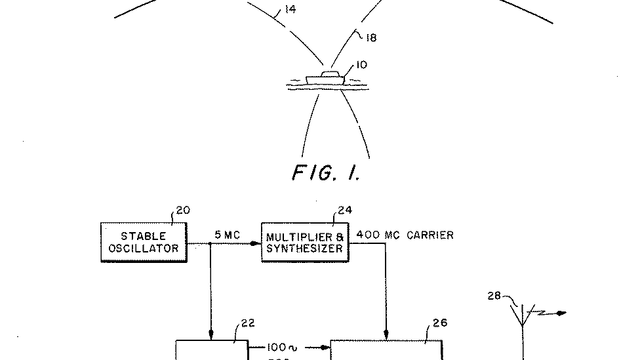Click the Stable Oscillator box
pos(143,242)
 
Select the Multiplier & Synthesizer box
pos(304,242)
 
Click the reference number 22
pos(247,323)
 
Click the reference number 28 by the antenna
pos(494,296)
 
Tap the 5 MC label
pos(228,235)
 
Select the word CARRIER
pos(430,235)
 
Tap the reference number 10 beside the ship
pos(361,65)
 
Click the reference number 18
pos(370,37)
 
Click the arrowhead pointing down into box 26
pos(386,335)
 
